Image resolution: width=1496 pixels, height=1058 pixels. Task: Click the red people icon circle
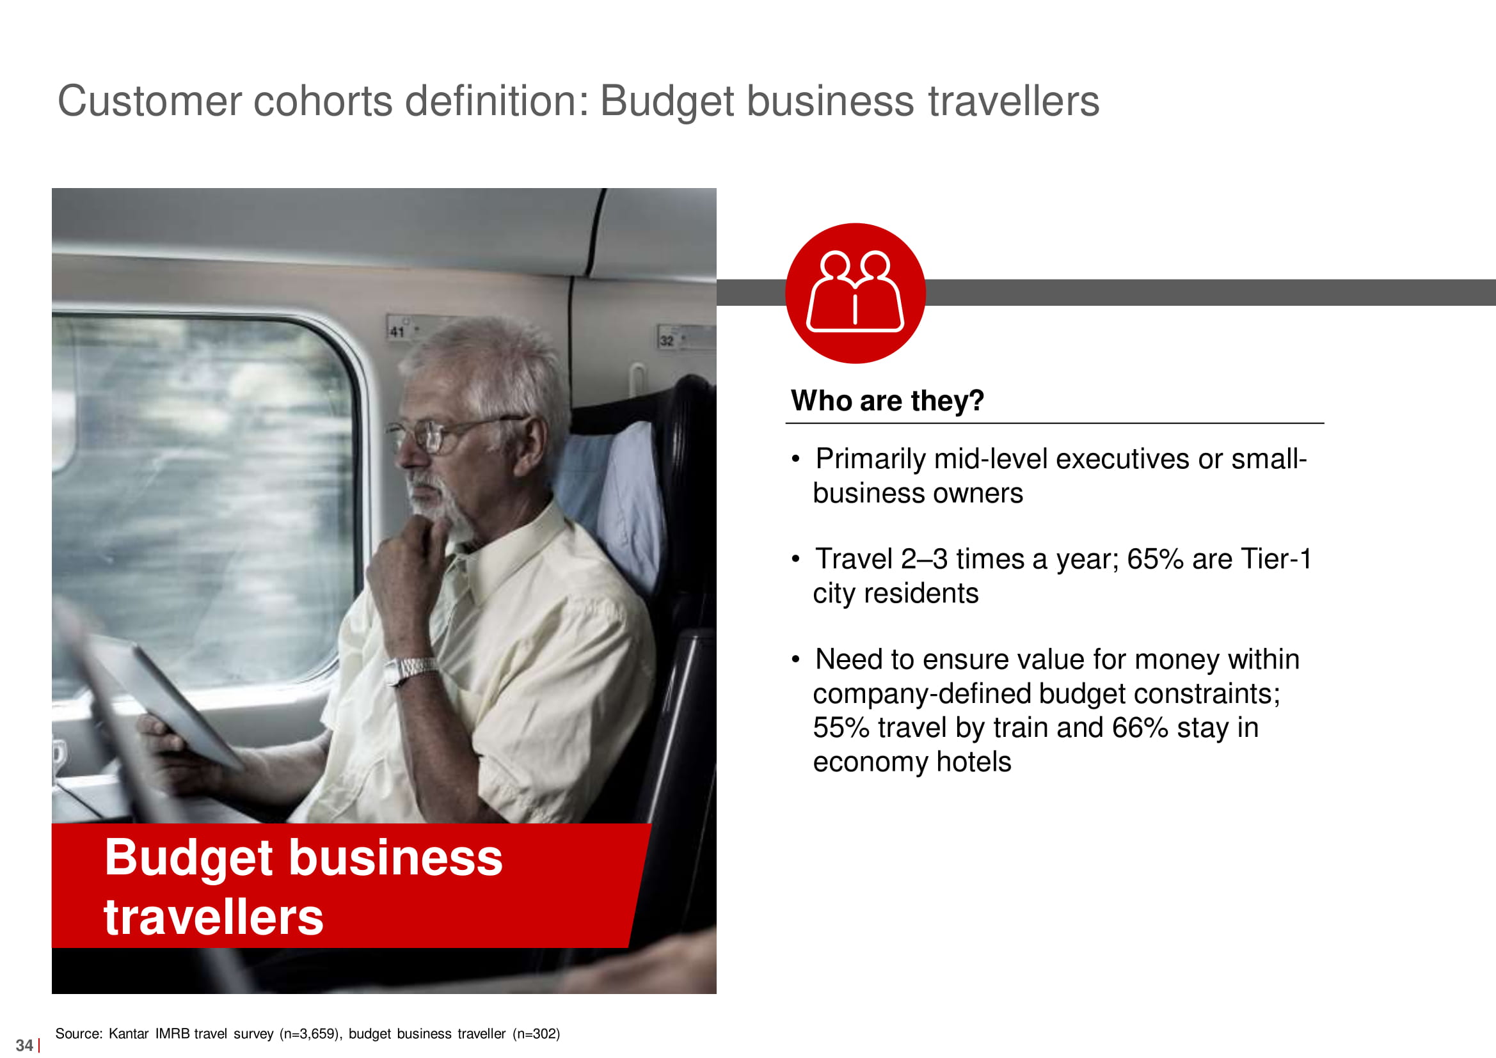(855, 293)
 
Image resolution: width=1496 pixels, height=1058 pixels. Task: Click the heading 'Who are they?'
(887, 400)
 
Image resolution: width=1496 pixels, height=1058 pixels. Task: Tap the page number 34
(24, 1045)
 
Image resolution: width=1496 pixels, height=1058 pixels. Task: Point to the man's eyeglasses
(450, 433)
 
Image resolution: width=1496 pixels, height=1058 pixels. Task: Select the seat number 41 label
(397, 331)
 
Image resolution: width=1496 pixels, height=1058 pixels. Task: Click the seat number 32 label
(667, 341)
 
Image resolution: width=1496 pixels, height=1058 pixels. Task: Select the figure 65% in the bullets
(1155, 559)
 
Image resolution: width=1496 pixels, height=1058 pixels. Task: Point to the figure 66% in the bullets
(1140, 728)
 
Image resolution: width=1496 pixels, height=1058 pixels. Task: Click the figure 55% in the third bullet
(841, 728)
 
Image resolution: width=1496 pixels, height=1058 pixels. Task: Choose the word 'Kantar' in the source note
(129, 1033)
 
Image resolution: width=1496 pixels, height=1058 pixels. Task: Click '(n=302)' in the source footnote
(536, 1034)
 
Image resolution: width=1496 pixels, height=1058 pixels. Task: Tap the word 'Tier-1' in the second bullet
(1276, 559)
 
